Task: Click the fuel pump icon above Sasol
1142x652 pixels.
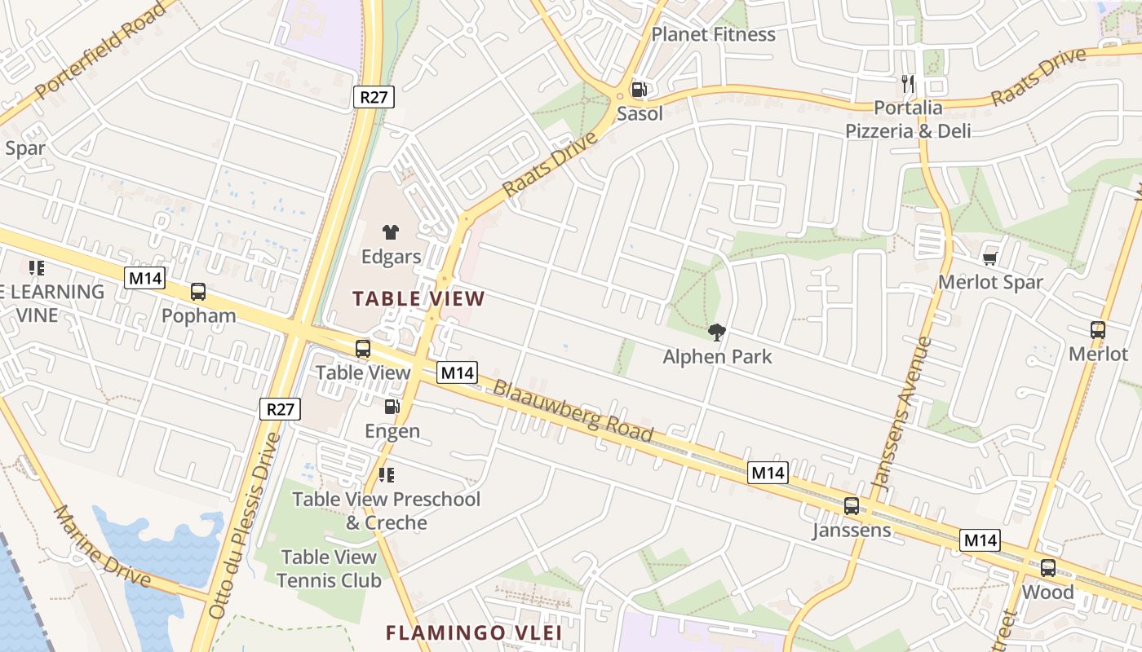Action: pos(640,90)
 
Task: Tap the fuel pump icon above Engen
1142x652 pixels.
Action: pos(392,406)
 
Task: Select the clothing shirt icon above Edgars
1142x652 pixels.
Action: pos(391,232)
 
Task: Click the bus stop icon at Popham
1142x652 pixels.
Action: pos(198,292)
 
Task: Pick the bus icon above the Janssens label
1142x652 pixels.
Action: pos(852,506)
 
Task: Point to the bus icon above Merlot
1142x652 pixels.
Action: pos(1098,330)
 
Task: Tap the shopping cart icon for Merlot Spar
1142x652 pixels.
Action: pos(990,258)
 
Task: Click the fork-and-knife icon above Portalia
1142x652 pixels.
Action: pos(908,83)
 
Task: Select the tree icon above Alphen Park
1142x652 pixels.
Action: pos(717,332)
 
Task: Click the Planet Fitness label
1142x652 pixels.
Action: pos(714,34)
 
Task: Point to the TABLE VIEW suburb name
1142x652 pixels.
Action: pos(418,299)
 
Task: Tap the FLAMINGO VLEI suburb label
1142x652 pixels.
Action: pos(474,632)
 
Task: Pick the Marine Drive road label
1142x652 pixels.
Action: pos(102,546)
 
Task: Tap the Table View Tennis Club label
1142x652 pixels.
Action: pos(329,569)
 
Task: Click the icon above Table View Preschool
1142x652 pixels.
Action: pos(387,474)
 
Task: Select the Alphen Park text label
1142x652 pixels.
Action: pos(717,356)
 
